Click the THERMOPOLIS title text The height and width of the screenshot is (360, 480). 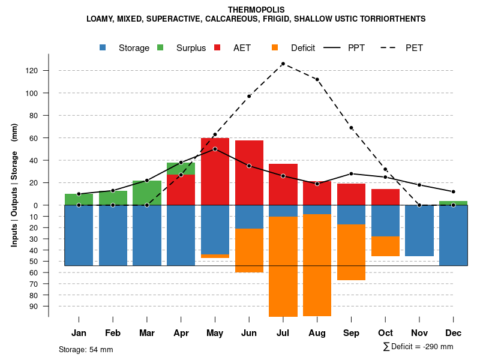[x=256, y=10]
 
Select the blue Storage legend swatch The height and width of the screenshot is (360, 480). [x=103, y=47]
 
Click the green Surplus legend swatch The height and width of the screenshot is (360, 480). [x=160, y=47]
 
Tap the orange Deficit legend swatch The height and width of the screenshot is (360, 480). [x=275, y=47]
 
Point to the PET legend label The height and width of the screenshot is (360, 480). [x=414, y=48]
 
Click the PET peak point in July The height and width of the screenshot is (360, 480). [x=283, y=64]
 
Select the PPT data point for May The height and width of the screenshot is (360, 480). [x=215, y=149]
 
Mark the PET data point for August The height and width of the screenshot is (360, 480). [x=317, y=79]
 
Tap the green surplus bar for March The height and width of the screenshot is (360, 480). [x=147, y=193]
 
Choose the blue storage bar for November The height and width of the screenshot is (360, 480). [x=419, y=230]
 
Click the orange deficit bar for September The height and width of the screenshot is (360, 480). [x=351, y=252]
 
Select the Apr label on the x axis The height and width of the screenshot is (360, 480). [x=181, y=333]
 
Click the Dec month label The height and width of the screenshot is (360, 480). [x=453, y=333]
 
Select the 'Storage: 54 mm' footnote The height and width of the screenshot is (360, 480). [x=86, y=349]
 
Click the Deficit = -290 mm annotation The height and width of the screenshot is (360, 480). [x=418, y=347]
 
